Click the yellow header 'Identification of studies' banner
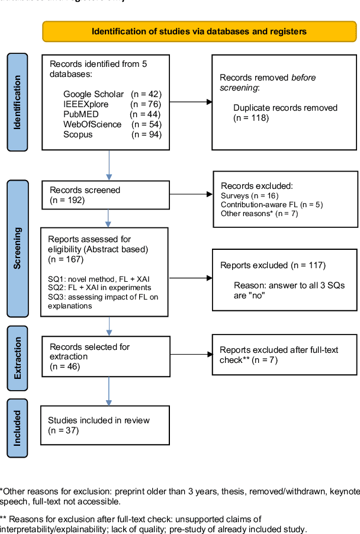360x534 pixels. [199, 31]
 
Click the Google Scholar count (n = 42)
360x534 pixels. [146, 94]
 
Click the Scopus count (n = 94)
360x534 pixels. [146, 134]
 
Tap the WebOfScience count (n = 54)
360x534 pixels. [146, 124]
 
